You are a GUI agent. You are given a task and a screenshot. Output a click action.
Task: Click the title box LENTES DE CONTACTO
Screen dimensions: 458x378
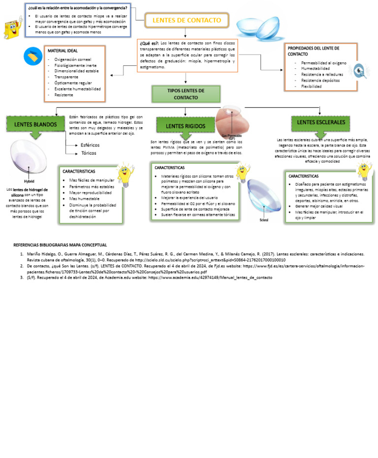coord(187,20)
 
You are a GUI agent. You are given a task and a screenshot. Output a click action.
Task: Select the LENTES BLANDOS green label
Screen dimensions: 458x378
coord(35,124)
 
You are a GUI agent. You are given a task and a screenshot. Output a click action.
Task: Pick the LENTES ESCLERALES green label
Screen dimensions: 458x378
coord(320,122)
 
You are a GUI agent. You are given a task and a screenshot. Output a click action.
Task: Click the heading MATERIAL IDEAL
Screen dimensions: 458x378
coord(63,51)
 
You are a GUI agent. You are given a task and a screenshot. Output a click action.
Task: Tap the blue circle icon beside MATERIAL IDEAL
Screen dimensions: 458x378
coord(33,57)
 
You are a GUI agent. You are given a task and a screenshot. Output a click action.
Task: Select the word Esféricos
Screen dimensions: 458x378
coord(90,145)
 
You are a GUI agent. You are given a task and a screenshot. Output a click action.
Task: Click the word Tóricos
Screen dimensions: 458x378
coord(89,153)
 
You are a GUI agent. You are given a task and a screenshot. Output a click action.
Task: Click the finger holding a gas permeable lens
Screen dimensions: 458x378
coord(229,121)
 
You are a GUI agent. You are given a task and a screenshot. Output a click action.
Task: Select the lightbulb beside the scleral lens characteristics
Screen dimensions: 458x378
coord(363,170)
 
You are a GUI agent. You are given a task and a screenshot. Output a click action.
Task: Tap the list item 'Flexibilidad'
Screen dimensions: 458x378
coord(311,86)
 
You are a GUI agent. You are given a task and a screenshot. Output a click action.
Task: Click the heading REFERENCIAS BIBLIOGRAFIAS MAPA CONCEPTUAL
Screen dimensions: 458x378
coord(60,245)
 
